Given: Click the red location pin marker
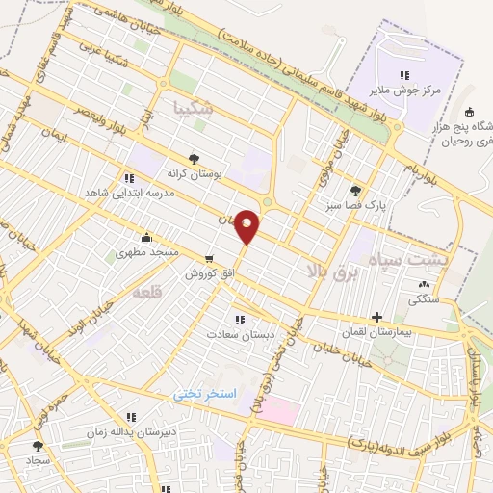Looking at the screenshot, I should (x=247, y=225).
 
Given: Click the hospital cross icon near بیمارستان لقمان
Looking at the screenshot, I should (x=376, y=316).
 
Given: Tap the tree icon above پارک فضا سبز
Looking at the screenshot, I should (x=356, y=191).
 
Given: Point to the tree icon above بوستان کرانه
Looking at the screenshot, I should (x=195, y=160).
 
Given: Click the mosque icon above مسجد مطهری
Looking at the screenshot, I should (x=145, y=238).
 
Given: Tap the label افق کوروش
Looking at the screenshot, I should (x=211, y=272).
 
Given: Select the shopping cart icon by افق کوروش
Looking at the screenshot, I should (x=210, y=258).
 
